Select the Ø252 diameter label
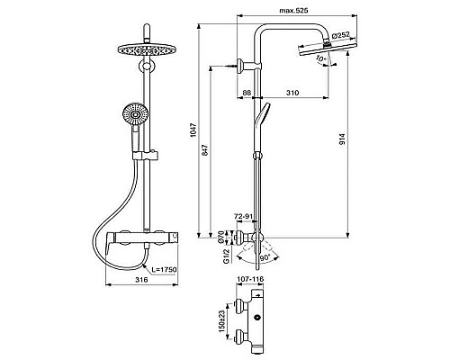342,35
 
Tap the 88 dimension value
247,93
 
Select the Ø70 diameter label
222,237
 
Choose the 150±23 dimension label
222,321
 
